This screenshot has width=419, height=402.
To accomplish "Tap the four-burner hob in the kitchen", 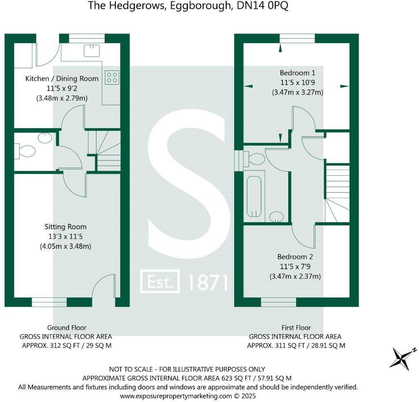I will click(x=112, y=78).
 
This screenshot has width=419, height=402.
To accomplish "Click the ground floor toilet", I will click(x=25, y=151).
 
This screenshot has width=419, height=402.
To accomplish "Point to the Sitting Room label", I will click(x=65, y=227).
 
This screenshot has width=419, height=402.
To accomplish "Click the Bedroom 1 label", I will click(x=297, y=73).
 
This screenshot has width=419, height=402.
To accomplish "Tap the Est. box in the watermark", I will click(x=160, y=281).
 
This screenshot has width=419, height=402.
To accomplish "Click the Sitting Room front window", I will click(x=49, y=302).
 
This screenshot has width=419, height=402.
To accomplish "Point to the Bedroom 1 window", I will click(x=297, y=38).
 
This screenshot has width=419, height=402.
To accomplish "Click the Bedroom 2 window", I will click(x=278, y=302).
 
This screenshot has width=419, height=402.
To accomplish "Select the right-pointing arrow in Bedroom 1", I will click(x=344, y=86).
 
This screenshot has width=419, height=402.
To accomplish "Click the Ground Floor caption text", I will click(x=67, y=328).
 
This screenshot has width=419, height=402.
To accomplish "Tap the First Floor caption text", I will click(x=296, y=328).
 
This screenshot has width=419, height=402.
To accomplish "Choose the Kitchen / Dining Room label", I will click(x=62, y=78).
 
